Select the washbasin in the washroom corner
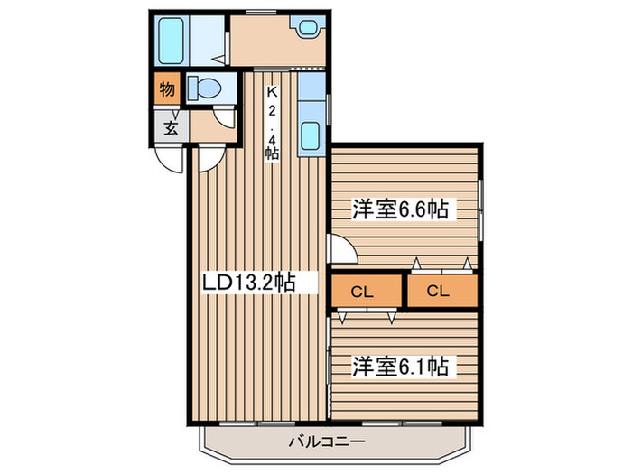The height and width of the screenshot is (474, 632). pyautogui.click(x=307, y=29)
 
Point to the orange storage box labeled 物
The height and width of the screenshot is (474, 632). pyautogui.click(x=167, y=88)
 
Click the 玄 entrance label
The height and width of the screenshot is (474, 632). pyautogui.click(x=171, y=127)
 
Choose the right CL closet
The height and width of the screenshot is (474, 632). pyautogui.click(x=440, y=291)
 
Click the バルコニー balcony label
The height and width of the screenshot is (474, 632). pyautogui.click(x=327, y=442)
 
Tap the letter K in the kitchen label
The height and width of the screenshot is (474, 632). pyautogui.click(x=271, y=91)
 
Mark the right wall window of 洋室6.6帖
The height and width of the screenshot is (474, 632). pyautogui.click(x=482, y=209)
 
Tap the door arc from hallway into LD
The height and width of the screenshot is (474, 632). pyautogui.click(x=209, y=158)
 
